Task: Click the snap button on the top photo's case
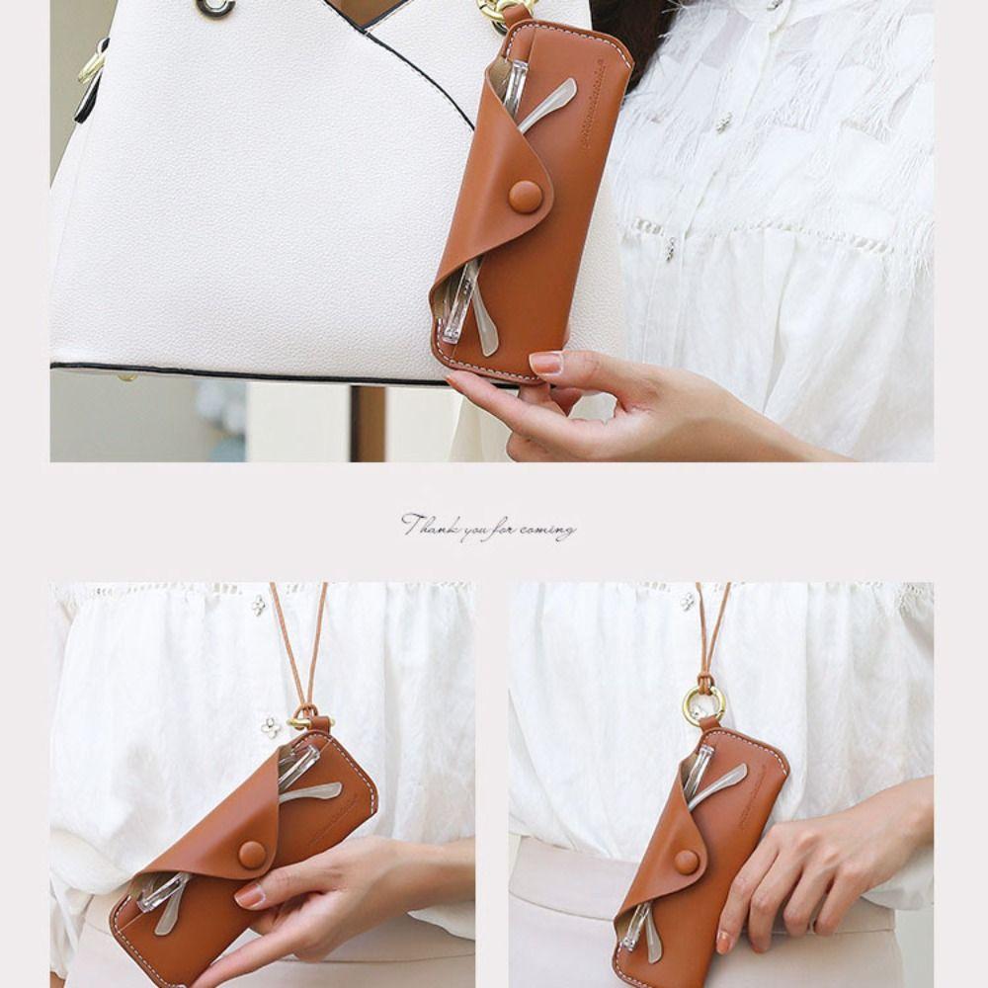[x=525, y=196]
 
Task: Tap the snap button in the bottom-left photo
[x=252, y=855]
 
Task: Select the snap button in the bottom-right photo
[x=686, y=862]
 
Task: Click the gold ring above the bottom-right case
[x=703, y=703]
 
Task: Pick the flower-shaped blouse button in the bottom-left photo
[x=271, y=728]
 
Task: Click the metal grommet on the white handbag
[x=214, y=7]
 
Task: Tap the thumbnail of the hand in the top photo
[x=546, y=363]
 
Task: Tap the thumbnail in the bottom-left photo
[x=251, y=895]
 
